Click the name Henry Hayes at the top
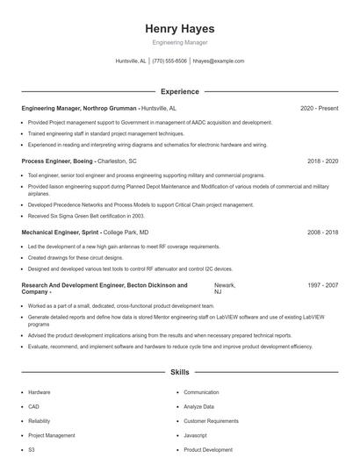click(179, 29)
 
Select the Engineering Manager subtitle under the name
click(179, 42)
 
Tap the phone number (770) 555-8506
click(169, 61)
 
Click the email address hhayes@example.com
click(218, 61)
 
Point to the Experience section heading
click(179, 91)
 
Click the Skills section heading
click(179, 373)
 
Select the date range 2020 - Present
click(319, 108)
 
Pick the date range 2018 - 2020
click(322, 161)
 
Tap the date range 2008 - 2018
click(322, 232)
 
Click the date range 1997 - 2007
click(322, 285)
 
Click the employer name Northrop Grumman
click(111, 108)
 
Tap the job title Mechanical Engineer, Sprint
click(61, 232)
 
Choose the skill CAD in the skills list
click(32, 406)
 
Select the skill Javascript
click(195, 435)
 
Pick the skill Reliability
click(39, 420)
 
